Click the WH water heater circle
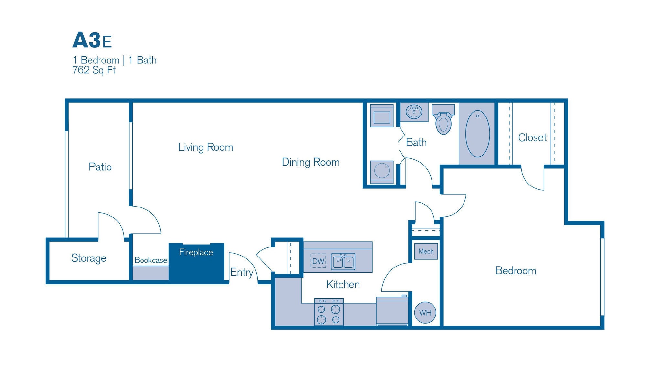425,312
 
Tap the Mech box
426,251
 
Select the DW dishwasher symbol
318,261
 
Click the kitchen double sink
343,261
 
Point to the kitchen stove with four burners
329,312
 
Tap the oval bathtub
477,134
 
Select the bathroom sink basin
414,112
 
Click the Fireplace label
196,252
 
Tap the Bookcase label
151,260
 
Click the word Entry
242,272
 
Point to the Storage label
89,258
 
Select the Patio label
100,167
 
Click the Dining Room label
310,162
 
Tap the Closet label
532,137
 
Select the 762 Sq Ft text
94,70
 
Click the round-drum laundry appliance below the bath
382,171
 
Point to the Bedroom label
516,270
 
